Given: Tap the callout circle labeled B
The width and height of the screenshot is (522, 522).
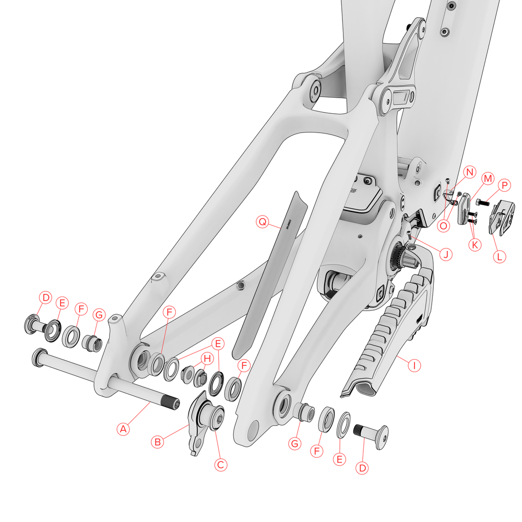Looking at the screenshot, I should coord(157,442).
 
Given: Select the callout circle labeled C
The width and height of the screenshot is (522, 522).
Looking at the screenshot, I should coord(221,464).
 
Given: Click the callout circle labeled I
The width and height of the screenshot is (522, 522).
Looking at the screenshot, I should coord(414,365).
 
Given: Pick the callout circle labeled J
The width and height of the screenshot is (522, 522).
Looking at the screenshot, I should coord(445,254).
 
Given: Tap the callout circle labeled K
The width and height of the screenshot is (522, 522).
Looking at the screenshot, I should coord(474,244).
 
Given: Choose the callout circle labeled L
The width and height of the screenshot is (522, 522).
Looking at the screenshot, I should coord(500,256).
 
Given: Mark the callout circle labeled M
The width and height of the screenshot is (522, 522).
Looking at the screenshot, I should coord(488,179).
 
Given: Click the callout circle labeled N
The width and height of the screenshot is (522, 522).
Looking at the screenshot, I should coord(469,172).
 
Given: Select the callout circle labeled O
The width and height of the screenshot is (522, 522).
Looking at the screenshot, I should coord(443,226).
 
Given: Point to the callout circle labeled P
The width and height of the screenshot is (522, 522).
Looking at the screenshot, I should coord(504,185).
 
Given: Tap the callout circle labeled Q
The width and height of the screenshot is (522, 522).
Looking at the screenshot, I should coord(263,222).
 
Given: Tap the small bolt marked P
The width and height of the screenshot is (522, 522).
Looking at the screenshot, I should coord(481,201).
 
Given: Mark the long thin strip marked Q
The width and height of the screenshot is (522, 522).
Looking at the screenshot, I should coord(266,271).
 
